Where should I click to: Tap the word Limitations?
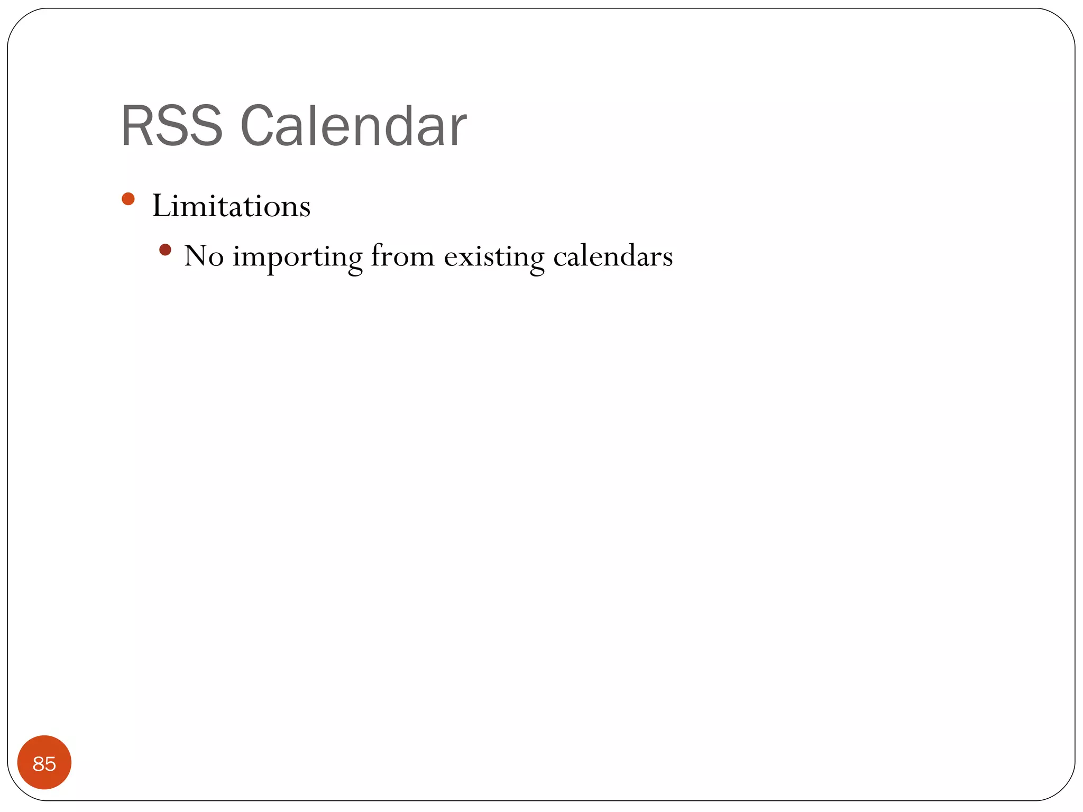click(x=231, y=206)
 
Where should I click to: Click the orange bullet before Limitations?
click(x=128, y=199)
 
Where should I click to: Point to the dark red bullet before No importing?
click(x=165, y=250)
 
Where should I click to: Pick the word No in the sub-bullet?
click(x=204, y=256)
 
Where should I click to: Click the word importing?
click(x=297, y=257)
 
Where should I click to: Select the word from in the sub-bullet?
click(x=402, y=256)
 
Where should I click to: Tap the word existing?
click(x=494, y=257)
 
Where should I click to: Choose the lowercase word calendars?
click(x=613, y=256)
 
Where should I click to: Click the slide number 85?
click(x=44, y=763)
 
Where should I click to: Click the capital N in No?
click(x=196, y=256)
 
